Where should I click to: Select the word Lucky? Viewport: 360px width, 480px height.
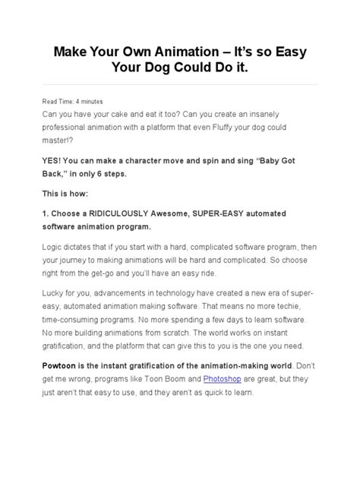(x=61, y=293)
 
